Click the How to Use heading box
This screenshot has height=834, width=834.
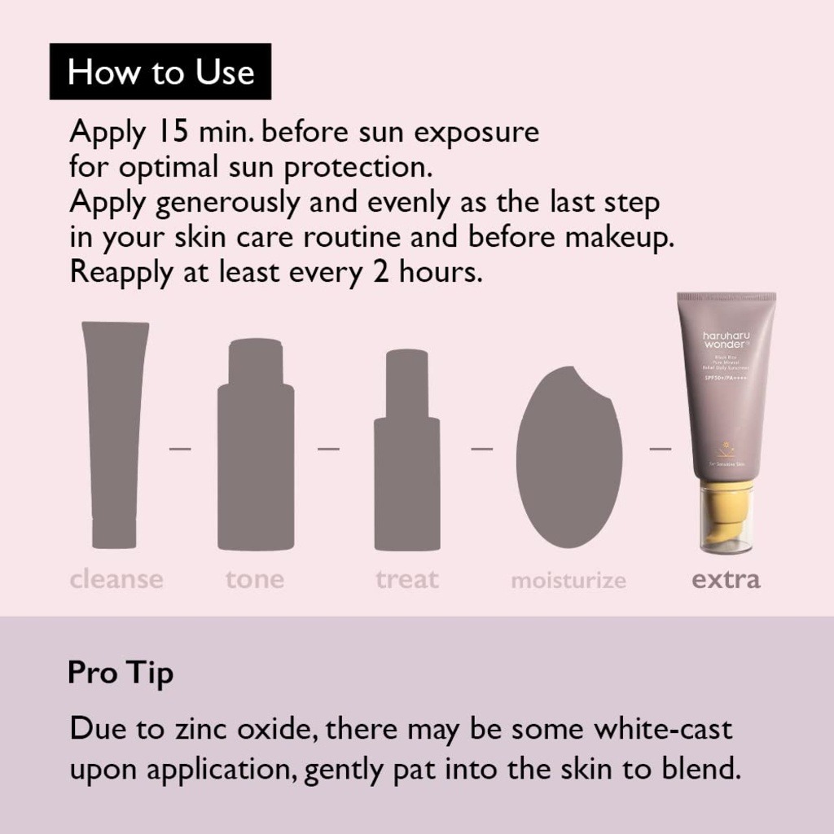click(160, 72)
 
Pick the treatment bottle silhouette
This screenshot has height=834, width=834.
click(407, 452)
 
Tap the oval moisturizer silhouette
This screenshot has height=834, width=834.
click(568, 456)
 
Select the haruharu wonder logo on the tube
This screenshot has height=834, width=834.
click(726, 340)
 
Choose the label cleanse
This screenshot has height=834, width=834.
click(116, 580)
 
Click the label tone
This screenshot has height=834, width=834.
click(255, 580)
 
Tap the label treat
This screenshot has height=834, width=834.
click(407, 580)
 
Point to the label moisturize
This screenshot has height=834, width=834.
click(568, 581)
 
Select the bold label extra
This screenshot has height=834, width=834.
click(726, 580)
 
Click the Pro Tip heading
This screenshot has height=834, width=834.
click(121, 674)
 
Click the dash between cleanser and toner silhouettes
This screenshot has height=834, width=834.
click(180, 448)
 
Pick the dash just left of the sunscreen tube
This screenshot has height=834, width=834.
click(661, 448)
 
